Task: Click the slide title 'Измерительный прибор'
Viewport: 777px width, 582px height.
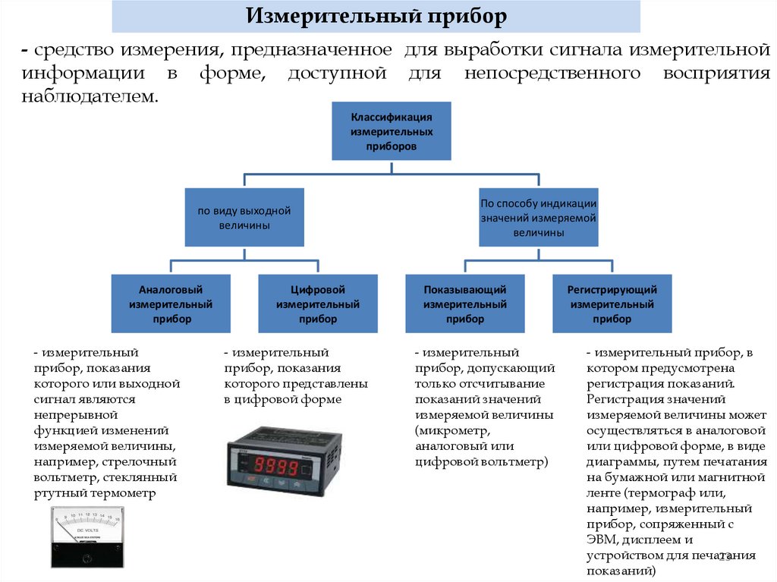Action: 376,16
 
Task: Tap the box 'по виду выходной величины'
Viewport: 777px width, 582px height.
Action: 244,218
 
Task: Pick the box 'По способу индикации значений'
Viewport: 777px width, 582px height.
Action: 538,218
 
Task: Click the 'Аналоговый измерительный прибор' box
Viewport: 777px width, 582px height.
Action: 171,304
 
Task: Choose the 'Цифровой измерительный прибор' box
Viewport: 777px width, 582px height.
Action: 318,304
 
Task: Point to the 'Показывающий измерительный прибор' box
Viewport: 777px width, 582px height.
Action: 464,304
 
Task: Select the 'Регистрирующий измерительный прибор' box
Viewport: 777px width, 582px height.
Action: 612,304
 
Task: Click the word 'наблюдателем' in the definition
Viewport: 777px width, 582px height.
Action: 90,97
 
